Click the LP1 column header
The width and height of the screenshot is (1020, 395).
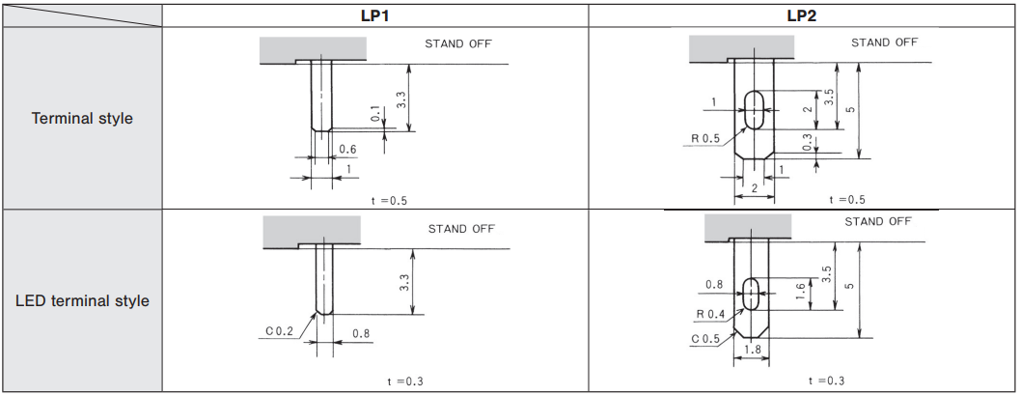tap(375, 16)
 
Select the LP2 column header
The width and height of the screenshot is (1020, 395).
tap(801, 16)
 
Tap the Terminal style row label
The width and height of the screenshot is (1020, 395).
tap(82, 119)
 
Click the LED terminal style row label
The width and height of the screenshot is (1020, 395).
tap(82, 301)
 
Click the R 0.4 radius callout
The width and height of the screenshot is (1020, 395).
tap(711, 315)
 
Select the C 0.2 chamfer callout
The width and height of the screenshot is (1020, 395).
tap(280, 332)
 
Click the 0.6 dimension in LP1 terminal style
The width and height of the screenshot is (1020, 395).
tap(348, 150)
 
